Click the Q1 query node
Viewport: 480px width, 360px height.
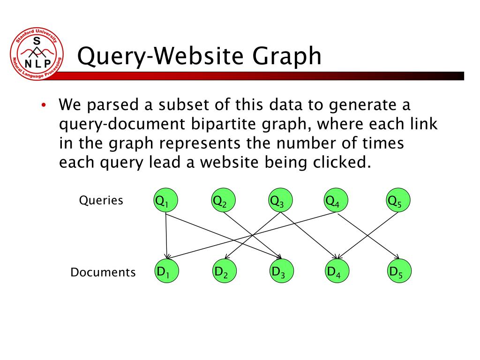pos(167,202)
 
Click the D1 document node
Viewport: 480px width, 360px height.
pos(167,271)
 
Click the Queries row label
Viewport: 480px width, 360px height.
pos(101,201)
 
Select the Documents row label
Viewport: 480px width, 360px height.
pos(103,272)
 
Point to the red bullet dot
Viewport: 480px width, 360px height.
pos(43,105)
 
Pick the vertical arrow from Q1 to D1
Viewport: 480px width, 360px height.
pos(166,234)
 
